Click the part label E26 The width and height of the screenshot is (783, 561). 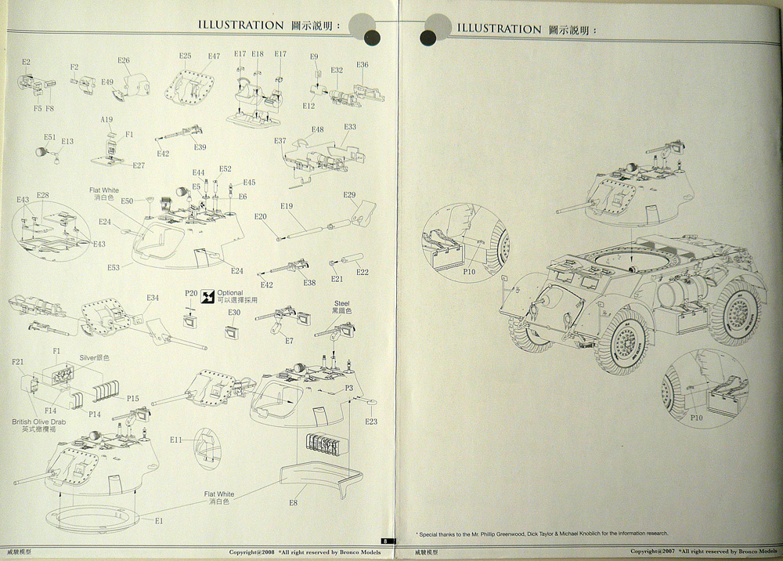[x=124, y=60]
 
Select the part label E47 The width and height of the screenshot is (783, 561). [x=214, y=56]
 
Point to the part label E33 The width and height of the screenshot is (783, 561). [x=349, y=127]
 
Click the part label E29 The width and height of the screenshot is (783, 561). [x=349, y=195]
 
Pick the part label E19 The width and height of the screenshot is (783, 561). [x=287, y=206]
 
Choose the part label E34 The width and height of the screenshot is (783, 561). [x=153, y=298]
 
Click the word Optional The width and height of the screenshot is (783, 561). [x=230, y=292]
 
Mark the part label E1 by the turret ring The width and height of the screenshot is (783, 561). [x=159, y=521]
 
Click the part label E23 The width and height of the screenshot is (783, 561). [x=371, y=422]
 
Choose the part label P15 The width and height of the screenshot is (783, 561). [x=132, y=399]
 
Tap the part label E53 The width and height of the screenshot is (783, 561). [x=114, y=267]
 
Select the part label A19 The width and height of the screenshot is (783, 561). [x=107, y=119]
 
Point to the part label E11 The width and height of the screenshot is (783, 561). [x=176, y=440]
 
